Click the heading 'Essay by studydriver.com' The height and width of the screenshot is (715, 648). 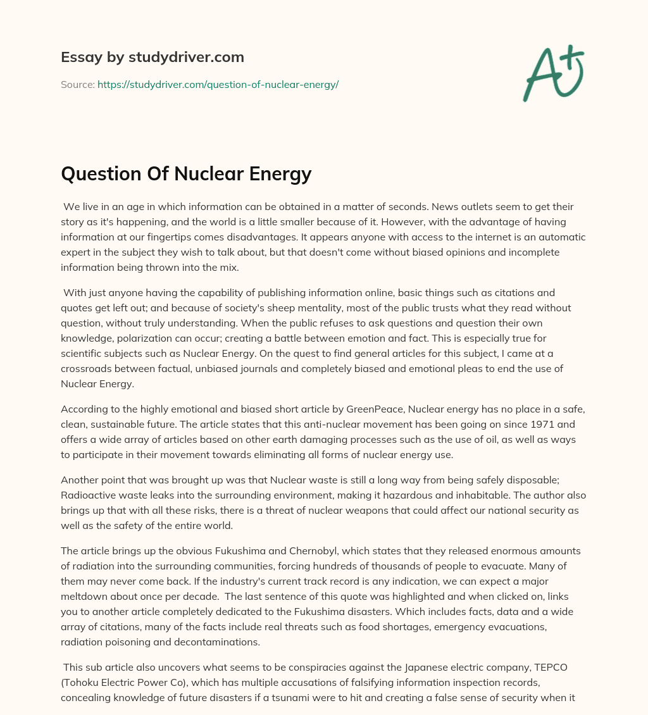152,58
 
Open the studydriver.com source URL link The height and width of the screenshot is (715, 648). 218,84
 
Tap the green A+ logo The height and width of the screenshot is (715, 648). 552,73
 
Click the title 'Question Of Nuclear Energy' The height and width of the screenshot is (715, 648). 186,173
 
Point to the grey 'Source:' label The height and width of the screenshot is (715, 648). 77,84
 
